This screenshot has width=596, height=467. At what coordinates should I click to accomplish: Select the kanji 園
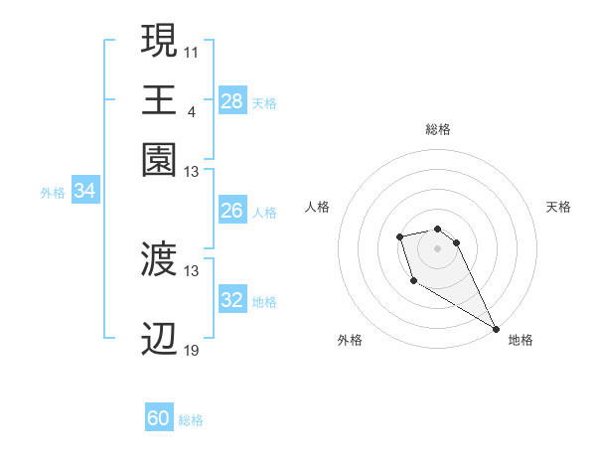coord(159,159)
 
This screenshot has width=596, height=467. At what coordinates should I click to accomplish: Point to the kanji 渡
coord(159,260)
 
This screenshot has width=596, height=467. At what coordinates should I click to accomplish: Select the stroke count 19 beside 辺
coord(192,350)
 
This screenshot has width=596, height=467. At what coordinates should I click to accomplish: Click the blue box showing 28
coord(231,100)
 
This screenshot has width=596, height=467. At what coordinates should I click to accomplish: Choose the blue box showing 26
coord(231,211)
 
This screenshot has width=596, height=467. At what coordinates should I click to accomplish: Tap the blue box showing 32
coord(231,300)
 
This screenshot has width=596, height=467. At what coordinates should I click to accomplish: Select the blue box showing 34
coord(84,192)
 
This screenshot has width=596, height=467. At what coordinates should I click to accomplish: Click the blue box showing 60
coord(159,418)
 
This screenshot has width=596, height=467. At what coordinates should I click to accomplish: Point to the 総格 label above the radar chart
coord(437,129)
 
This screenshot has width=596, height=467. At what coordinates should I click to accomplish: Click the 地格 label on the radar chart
coord(521,340)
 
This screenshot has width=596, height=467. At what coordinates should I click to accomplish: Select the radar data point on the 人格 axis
coord(399,236)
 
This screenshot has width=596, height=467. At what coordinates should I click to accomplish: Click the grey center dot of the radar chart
coord(437,247)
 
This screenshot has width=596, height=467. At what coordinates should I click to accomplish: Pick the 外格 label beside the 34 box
coord(52,193)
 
